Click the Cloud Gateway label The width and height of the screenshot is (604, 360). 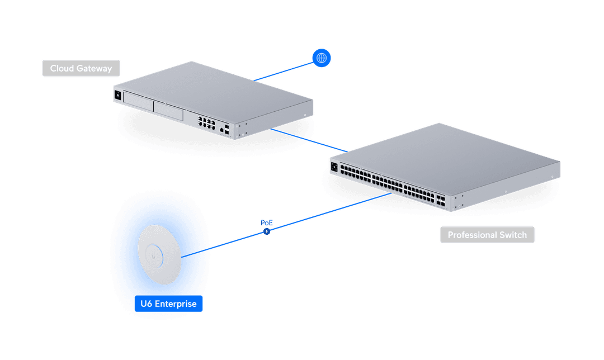[x=81, y=69]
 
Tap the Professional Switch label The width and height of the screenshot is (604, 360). [x=487, y=235]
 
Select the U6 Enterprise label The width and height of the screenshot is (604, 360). [x=168, y=304]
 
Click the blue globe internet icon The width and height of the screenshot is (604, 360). [x=322, y=58]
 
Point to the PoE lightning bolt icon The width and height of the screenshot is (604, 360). [x=267, y=231]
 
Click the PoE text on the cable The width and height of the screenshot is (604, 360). [x=267, y=222]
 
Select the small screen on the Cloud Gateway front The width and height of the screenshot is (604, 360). [x=118, y=96]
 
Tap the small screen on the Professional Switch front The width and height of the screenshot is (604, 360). [x=334, y=167]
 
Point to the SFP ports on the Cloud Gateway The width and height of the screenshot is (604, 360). [x=226, y=128]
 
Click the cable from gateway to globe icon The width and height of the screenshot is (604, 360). [x=285, y=69]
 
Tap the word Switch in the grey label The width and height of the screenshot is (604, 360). [x=513, y=235]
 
